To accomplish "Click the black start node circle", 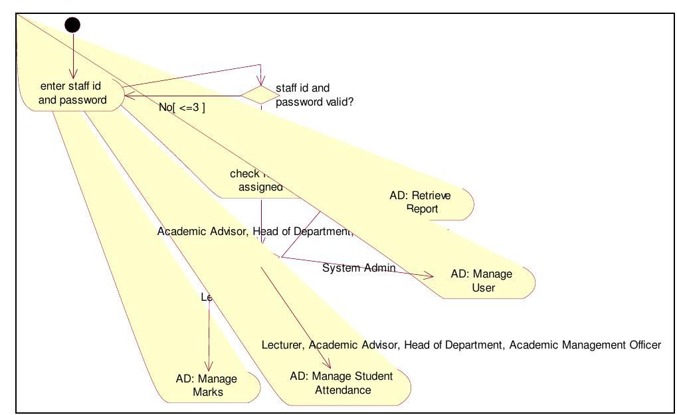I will point(72,25).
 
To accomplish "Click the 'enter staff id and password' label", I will point(73,93).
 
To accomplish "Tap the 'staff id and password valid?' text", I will point(311,95).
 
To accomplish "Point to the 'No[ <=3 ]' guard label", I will point(182,107).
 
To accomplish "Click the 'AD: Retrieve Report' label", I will point(421,202).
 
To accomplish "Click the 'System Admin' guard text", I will point(359,268).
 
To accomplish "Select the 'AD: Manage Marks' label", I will point(207,385).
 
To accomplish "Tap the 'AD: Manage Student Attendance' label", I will point(341,383).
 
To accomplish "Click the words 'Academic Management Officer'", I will point(585,345).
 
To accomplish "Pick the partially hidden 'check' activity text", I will point(244,173).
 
